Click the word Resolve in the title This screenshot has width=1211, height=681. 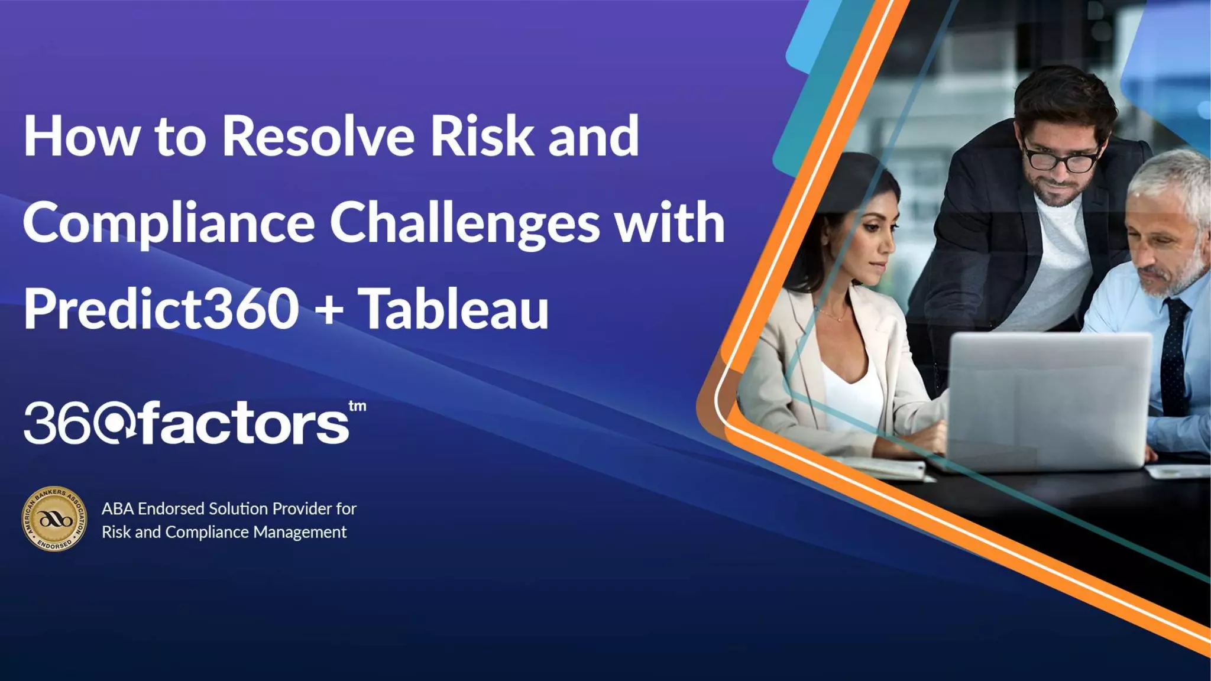[x=318, y=136]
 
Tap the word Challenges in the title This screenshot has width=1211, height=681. [x=465, y=223]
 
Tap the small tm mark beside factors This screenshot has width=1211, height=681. [x=357, y=407]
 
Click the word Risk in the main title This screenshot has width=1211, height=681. [x=481, y=136]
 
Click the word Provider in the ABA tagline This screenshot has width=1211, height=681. [x=302, y=508]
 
